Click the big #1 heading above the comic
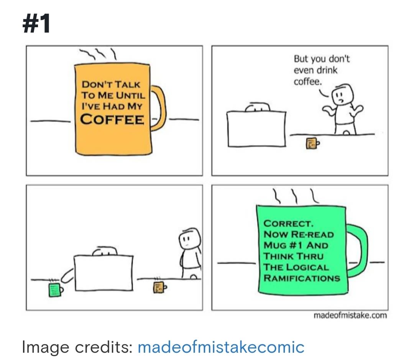point(36,23)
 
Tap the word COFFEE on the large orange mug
point(112,119)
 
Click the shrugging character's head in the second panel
point(342,95)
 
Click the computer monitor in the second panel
point(256,129)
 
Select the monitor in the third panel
point(103,273)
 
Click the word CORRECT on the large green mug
point(288,224)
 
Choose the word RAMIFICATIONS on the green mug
point(302,278)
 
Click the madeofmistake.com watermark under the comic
point(350,316)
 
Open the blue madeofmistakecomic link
point(221,347)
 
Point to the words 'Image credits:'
point(77,347)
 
